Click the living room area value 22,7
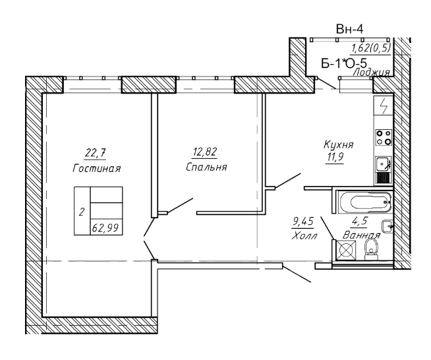pos(96,152)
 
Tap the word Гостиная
pos(97,168)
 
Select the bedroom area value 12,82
pos(205,152)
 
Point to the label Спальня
pos(206,167)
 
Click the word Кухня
pos(338,144)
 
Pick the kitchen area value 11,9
pos(335,158)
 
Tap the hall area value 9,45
pos(302,222)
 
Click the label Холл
pos(305,235)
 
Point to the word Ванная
pos(362,235)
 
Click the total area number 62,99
pos(106,228)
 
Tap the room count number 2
pos(82,212)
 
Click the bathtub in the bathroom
pos(364,202)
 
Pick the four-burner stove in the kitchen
pos(384,137)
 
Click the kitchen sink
pos(383,164)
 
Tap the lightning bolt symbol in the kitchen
pos(383,106)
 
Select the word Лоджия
pos(372,73)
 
